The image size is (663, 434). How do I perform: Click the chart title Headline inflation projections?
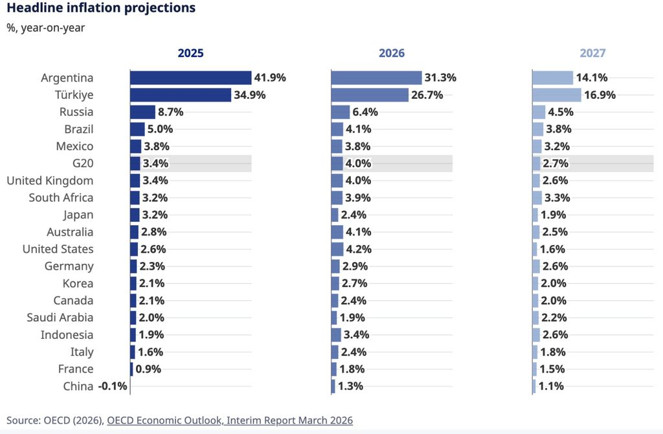[x=101, y=8]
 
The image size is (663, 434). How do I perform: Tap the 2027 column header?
[x=592, y=53]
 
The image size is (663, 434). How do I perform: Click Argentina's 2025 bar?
[x=190, y=78]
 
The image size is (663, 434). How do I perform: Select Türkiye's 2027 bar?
[x=557, y=95]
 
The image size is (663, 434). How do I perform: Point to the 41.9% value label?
[x=270, y=78]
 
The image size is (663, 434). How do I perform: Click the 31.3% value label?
[x=440, y=78]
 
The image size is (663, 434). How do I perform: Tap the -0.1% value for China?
[x=113, y=386]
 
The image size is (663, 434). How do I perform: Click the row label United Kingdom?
[x=50, y=180]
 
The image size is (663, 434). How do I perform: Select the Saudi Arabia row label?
[x=60, y=318]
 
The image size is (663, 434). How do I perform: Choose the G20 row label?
[x=84, y=164]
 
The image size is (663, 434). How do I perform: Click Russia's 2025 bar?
[x=142, y=112]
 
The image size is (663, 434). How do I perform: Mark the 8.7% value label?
[x=171, y=112]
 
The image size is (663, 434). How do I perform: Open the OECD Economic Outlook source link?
[x=230, y=420]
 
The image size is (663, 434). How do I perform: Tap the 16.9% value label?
[x=600, y=95]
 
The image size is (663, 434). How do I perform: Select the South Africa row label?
[x=61, y=198]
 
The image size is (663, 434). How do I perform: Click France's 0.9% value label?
[x=148, y=369]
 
